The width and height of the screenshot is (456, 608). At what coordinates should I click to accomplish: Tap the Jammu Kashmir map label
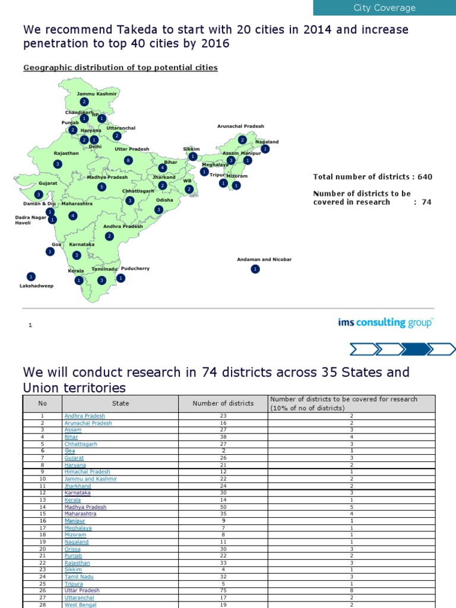97,94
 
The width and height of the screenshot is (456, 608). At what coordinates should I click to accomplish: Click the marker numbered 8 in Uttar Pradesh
128,160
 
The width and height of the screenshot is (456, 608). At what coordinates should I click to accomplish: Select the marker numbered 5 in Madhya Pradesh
102,187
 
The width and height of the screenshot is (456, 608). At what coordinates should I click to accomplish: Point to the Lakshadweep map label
36,286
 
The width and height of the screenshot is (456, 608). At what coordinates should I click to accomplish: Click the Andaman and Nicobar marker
255,270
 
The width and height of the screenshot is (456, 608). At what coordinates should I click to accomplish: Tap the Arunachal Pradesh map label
240,126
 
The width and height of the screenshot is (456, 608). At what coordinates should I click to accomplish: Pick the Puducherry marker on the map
121,278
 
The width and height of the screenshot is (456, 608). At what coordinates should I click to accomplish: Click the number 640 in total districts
424,177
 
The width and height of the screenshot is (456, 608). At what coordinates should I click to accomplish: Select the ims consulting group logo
385,322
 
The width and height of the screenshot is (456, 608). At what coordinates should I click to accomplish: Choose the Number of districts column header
223,404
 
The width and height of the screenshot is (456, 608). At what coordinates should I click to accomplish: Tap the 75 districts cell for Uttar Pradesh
223,591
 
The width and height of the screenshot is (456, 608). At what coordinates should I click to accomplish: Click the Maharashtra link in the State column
80,514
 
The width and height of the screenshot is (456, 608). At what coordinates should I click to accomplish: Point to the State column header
120,404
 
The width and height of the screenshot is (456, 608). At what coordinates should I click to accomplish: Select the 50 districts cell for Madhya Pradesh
223,507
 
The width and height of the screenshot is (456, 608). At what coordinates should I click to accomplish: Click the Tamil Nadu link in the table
79,576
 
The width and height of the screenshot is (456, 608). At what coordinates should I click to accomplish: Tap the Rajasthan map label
66,153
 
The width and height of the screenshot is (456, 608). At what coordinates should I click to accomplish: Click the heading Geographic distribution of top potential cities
120,68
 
